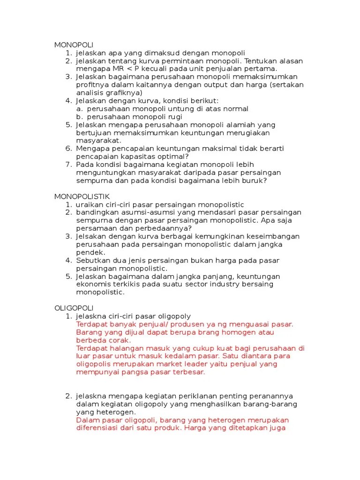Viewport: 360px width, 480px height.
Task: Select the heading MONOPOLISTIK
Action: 82,196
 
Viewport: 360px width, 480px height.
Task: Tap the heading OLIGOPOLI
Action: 74,308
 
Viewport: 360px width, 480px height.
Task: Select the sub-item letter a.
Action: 79,108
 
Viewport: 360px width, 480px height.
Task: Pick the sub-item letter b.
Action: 79,116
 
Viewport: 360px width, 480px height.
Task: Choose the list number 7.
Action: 68,165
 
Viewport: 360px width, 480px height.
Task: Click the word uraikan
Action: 89,204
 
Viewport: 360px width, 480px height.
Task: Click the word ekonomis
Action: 93,284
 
